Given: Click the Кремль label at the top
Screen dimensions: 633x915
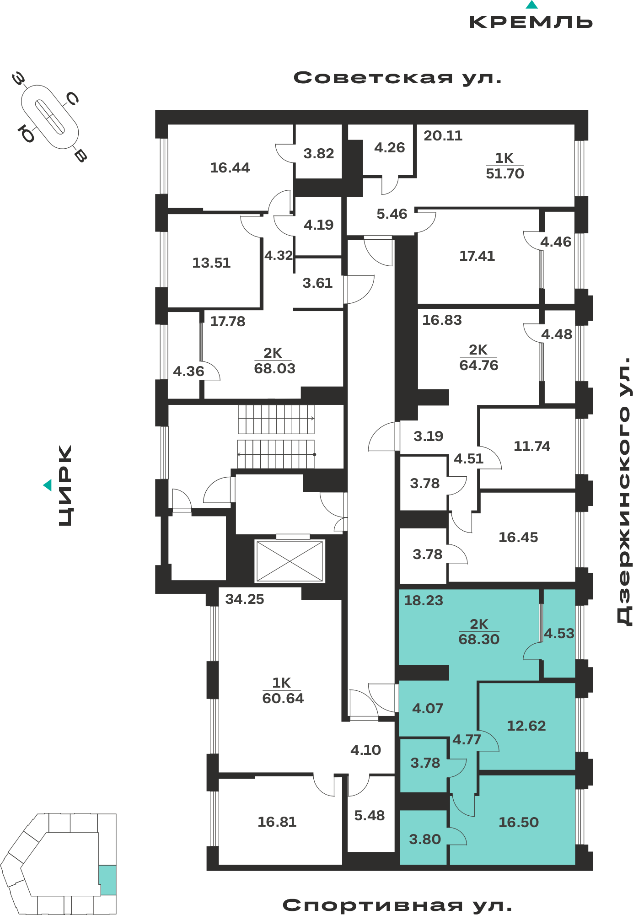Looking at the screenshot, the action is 531,22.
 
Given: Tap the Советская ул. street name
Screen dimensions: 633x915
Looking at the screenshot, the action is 397,78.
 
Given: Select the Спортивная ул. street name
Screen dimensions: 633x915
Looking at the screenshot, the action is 397,905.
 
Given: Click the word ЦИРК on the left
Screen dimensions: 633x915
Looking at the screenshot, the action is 65,485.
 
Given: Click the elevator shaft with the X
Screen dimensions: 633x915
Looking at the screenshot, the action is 290,561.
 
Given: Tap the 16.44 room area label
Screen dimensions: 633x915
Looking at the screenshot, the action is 230,168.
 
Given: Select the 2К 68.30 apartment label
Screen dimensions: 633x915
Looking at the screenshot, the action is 479,632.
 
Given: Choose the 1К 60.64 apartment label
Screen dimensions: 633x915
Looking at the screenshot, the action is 283,690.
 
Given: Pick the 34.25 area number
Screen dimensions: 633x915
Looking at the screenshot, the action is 245,599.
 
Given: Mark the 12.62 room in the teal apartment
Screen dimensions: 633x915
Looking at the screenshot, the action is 526,726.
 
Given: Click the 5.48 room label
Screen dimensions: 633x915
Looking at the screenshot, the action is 370,816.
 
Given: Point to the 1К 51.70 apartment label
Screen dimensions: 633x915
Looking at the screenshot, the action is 505,166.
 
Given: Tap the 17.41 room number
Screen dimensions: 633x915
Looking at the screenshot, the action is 477,256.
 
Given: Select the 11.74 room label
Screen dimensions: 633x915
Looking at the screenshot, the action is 532,447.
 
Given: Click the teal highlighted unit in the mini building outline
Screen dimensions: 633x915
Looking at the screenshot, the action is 107,880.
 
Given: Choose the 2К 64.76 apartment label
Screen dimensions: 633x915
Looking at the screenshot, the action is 478,358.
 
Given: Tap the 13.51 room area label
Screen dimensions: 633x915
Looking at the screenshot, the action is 211,263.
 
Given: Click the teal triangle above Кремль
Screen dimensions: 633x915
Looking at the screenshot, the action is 531,5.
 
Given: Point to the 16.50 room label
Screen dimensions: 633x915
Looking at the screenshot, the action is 519,823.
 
